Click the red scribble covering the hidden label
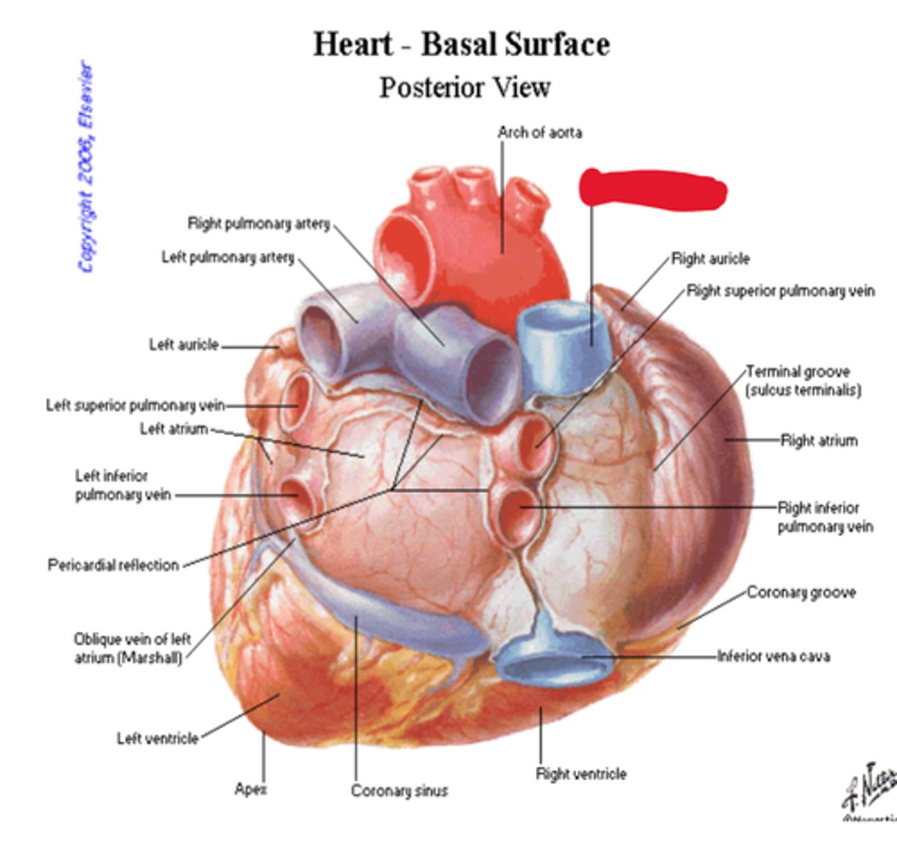click(x=653, y=189)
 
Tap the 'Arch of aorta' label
click(x=539, y=132)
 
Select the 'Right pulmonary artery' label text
click(x=258, y=224)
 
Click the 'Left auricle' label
click(x=184, y=345)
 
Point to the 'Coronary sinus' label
click(x=399, y=791)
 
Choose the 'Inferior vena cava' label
click(x=773, y=656)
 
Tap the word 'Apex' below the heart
click(x=250, y=789)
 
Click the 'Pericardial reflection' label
click(x=113, y=564)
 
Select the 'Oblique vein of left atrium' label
click(x=131, y=648)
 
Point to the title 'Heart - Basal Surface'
click(x=461, y=44)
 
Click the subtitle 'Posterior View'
click(x=464, y=87)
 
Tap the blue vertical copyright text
click(x=86, y=167)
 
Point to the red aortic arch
click(x=476, y=245)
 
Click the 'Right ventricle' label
click(x=580, y=774)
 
